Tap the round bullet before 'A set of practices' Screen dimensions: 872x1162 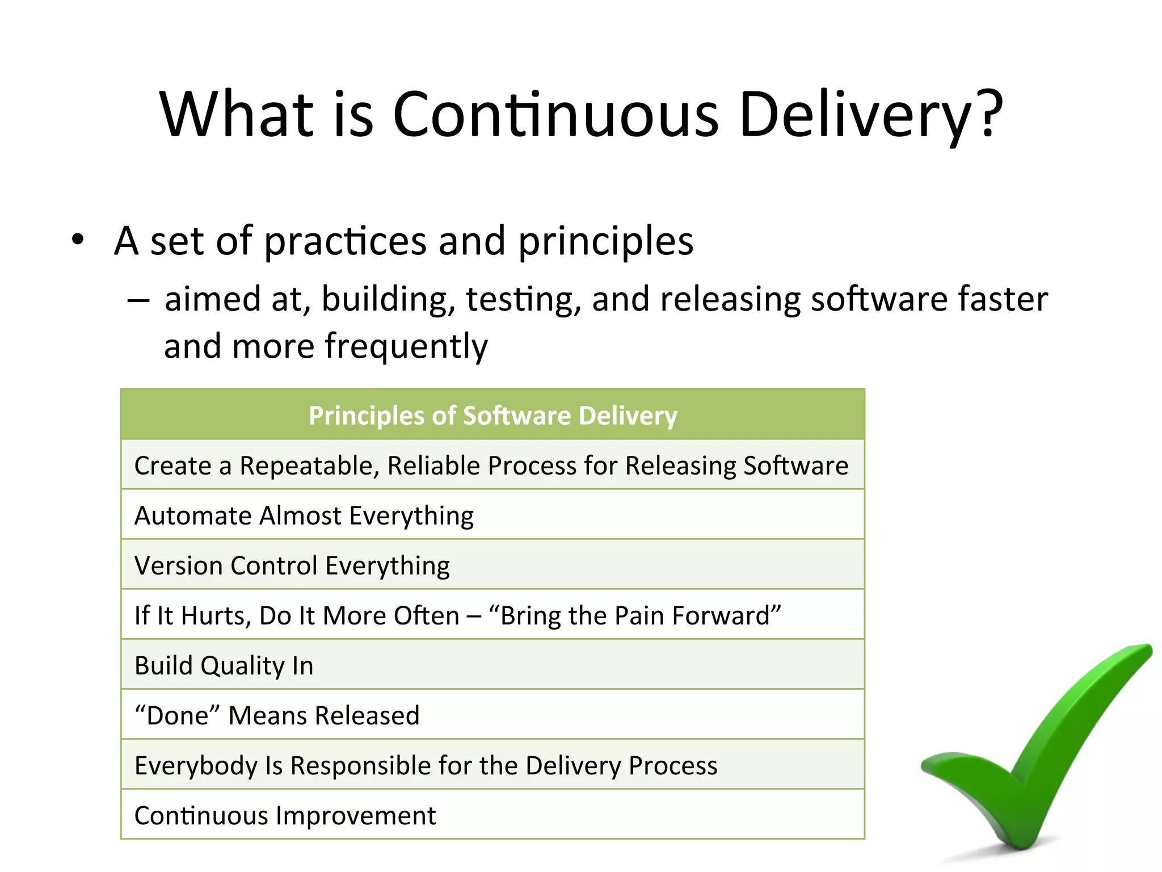click(x=78, y=240)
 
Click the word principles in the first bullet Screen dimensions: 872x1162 click(x=605, y=242)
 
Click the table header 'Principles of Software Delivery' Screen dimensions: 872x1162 click(x=492, y=415)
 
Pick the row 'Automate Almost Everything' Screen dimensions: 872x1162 click(x=304, y=516)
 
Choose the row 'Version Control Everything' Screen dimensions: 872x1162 click(x=292, y=566)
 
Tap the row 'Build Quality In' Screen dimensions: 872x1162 click(x=224, y=666)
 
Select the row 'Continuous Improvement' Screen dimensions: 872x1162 click(x=285, y=816)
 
